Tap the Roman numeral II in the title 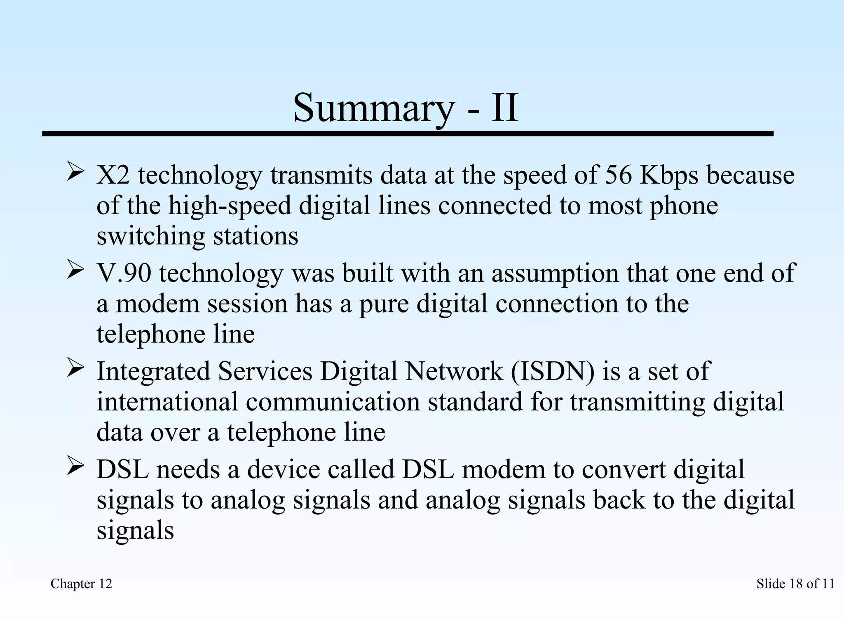[504, 108]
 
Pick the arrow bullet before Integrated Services [76, 368]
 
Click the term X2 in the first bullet [113, 175]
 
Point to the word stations [256, 236]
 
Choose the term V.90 [124, 273]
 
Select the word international [167, 402]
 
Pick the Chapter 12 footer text [81, 584]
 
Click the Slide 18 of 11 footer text [795, 584]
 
